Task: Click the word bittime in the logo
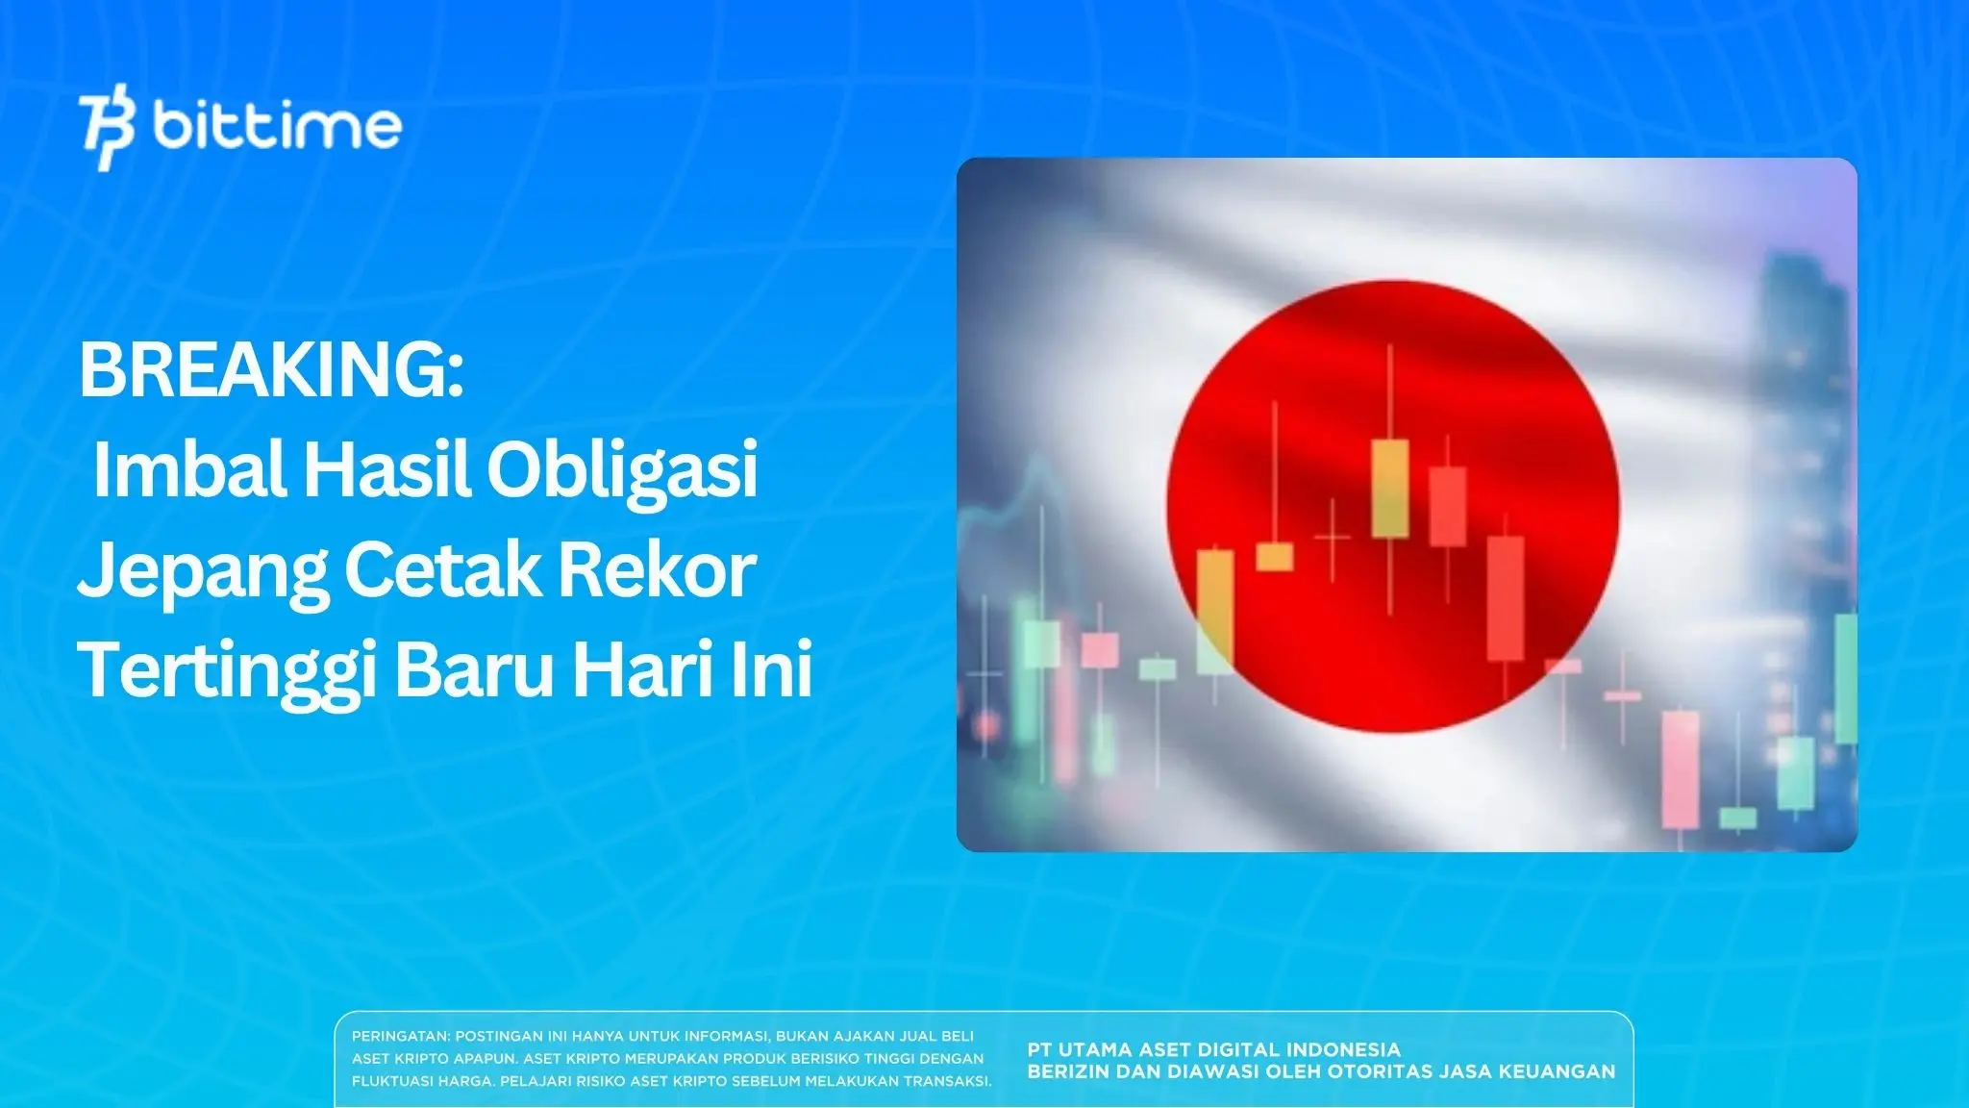(277, 126)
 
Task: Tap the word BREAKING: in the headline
(271, 370)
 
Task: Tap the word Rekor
(658, 570)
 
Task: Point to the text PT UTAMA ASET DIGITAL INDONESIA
(1213, 1049)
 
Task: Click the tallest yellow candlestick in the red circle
(1389, 488)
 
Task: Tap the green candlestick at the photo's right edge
(1846, 678)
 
